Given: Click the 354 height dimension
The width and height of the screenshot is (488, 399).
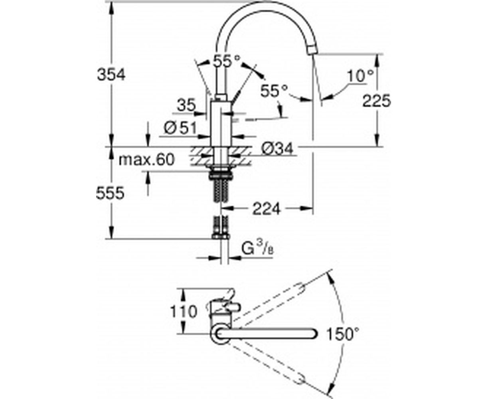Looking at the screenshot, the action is (111, 75).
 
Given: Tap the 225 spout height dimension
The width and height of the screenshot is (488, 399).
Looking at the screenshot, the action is (376, 101).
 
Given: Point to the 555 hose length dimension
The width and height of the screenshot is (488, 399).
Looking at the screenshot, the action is (110, 193).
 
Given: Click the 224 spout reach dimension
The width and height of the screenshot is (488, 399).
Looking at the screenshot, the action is (267, 209).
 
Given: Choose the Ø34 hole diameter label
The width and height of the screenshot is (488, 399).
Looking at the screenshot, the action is (277, 148).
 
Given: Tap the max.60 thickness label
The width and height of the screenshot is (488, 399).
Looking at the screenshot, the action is (146, 160).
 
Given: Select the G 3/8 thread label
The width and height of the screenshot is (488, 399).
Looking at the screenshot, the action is (257, 250).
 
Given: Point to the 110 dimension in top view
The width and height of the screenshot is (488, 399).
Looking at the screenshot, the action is (184, 312).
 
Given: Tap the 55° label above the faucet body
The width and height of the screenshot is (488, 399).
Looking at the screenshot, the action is (227, 61).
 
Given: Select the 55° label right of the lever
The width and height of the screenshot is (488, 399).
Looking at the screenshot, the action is (274, 91).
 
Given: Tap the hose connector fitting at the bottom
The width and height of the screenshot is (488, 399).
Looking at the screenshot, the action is (221, 237).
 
